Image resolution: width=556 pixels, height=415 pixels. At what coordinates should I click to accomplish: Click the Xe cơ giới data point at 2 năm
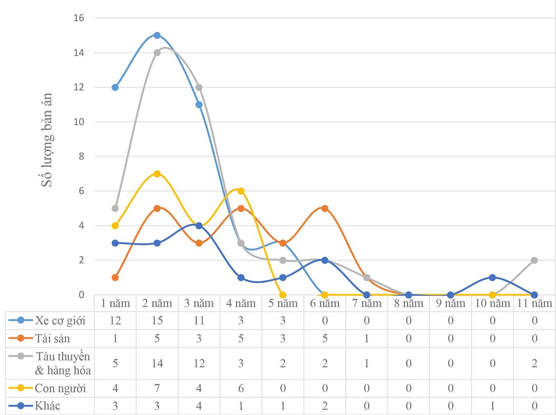click(x=157, y=35)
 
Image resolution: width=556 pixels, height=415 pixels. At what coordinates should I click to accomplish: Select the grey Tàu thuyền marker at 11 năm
click(x=534, y=260)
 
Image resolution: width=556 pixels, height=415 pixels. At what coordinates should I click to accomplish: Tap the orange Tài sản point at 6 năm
click(x=325, y=208)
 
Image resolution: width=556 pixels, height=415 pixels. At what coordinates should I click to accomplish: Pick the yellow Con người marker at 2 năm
click(x=157, y=174)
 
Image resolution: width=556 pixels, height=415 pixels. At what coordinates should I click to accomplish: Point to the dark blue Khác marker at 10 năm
click(x=492, y=277)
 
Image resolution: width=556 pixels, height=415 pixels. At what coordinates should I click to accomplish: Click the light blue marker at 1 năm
click(x=115, y=87)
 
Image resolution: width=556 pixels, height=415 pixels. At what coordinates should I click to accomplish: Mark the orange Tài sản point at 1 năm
click(x=115, y=277)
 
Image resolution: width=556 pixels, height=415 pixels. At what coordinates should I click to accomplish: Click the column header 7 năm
click(x=366, y=303)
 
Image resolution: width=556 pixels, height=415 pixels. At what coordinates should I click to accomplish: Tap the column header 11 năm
click(x=534, y=303)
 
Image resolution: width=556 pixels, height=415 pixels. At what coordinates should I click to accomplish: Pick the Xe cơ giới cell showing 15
click(x=157, y=321)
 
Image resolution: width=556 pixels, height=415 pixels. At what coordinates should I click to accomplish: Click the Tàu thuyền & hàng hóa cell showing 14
click(x=157, y=364)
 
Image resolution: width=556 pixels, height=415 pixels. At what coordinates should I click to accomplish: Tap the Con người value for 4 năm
click(x=241, y=388)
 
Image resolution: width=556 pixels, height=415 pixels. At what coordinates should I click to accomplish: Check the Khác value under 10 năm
click(x=492, y=406)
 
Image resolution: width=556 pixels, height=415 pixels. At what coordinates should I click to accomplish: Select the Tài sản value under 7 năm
click(x=366, y=339)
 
